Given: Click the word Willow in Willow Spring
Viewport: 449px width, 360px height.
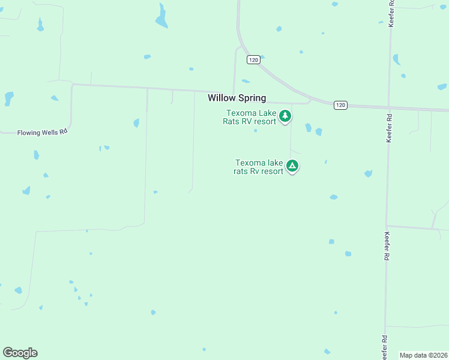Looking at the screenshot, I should [222, 98].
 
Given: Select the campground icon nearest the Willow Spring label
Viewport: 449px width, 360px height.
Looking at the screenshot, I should [286, 116].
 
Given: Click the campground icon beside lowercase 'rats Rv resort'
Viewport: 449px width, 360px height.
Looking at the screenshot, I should [292, 166].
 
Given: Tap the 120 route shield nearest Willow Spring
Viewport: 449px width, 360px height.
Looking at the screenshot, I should [253, 60].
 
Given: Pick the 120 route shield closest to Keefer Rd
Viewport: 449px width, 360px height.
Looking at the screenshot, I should [340, 105].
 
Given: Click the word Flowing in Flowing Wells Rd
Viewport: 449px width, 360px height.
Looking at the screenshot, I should [27, 132].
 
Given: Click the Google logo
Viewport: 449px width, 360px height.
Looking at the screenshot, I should [20, 353].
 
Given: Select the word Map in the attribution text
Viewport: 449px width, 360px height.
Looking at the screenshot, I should [406, 355].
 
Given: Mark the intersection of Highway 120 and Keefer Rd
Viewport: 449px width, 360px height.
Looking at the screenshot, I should [389, 107].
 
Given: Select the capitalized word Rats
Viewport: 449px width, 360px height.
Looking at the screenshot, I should [230, 121].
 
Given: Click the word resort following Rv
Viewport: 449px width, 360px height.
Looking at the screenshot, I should [271, 170].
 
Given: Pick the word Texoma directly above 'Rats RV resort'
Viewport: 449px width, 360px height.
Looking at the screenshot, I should [240, 113].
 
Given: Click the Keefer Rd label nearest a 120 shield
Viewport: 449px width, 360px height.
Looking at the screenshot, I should [390, 128].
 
